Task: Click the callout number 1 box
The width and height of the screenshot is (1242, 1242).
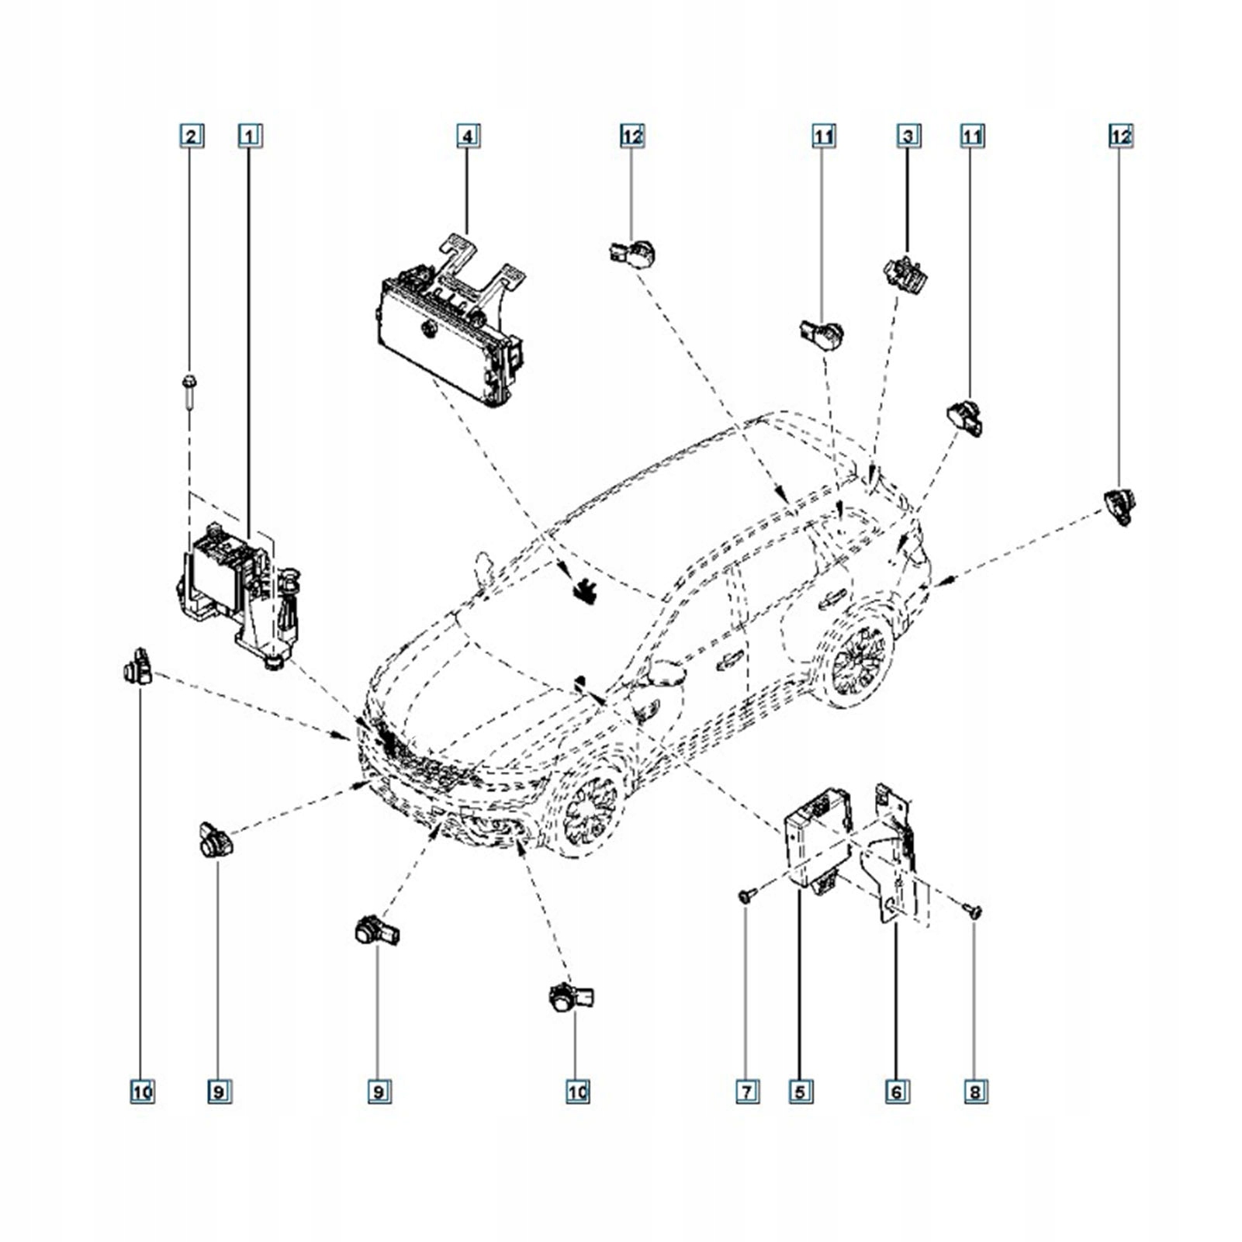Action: pos(249,136)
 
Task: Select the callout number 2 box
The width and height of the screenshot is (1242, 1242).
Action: pos(191,136)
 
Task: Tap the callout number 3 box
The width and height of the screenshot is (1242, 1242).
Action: pos(908,136)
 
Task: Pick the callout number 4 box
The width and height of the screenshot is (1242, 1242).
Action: pos(467,136)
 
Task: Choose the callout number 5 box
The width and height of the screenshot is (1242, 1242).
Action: pos(801,1092)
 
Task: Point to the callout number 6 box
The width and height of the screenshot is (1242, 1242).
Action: pos(896,1092)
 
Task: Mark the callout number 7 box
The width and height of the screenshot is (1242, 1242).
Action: pos(746,1092)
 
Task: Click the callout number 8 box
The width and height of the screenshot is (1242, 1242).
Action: pos(975,1092)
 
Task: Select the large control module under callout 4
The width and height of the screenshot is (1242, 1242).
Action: pos(446,334)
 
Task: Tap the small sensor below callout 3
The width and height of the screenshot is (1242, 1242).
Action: pos(905,272)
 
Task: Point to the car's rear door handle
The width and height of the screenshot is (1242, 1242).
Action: pos(831,597)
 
